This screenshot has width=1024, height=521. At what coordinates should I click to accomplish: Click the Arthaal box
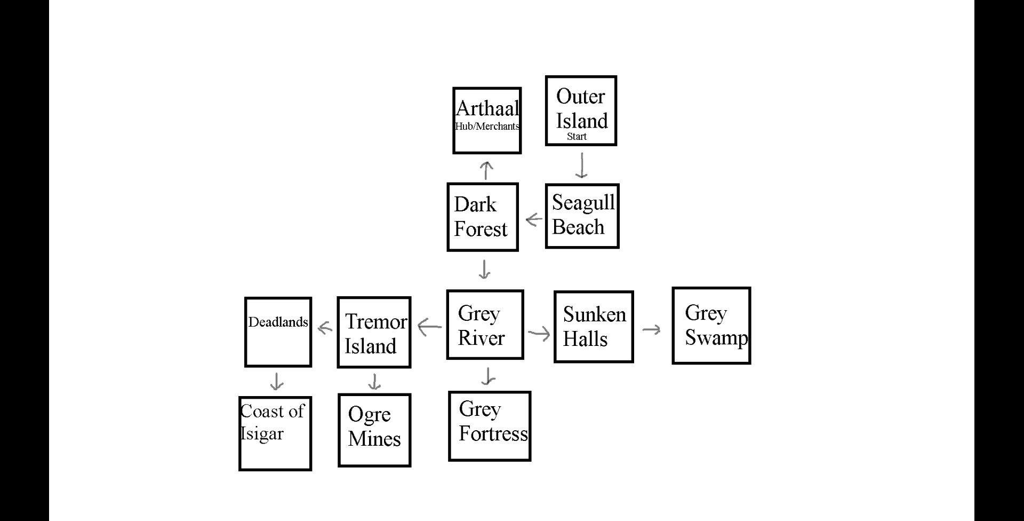[486, 121]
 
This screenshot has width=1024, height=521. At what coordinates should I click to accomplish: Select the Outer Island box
[581, 110]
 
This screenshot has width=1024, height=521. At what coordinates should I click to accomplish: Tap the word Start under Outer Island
[577, 137]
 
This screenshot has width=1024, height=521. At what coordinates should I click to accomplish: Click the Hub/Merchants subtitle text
[487, 127]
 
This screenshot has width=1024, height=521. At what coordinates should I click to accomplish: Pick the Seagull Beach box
[582, 216]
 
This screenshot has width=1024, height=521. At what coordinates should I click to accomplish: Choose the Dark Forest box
[482, 217]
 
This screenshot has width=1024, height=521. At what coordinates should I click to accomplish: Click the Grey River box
[485, 325]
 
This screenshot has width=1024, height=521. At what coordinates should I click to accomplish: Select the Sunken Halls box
[594, 327]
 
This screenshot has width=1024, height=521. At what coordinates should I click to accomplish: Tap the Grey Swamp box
[711, 326]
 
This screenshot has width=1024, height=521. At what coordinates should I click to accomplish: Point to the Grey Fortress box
[490, 426]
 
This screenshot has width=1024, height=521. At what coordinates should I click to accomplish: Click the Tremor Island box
[374, 332]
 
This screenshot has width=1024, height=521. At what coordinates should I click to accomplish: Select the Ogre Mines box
[374, 430]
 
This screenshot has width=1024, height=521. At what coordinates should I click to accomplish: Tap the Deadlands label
[278, 322]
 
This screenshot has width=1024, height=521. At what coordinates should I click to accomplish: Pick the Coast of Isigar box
[275, 433]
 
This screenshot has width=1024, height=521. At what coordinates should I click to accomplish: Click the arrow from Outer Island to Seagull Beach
[581, 165]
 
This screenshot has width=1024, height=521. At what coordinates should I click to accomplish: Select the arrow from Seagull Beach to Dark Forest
[533, 219]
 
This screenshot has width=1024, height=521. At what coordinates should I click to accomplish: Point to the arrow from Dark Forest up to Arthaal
[486, 170]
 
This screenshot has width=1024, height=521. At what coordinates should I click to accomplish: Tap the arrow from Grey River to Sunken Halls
[539, 334]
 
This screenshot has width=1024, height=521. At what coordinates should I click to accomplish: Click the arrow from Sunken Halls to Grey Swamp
[651, 329]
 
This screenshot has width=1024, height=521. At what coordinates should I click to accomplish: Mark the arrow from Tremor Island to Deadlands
[325, 327]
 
